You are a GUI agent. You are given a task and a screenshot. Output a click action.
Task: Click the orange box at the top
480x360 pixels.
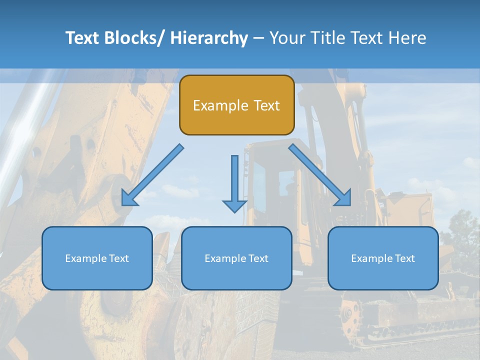[x=236, y=105]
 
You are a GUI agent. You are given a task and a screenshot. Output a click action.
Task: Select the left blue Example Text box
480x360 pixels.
[x=97, y=258]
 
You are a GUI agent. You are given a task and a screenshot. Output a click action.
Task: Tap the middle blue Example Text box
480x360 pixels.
[x=236, y=258]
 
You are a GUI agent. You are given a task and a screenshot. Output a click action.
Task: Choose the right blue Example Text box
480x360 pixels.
[x=383, y=258]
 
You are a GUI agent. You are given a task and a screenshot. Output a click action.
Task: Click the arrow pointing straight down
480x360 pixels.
[x=234, y=182]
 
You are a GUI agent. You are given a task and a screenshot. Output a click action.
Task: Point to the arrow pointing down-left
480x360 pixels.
[x=152, y=175]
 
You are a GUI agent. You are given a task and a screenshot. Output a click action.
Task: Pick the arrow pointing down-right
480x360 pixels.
[x=320, y=175]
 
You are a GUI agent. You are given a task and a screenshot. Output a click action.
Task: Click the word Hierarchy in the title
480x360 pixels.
[x=209, y=38]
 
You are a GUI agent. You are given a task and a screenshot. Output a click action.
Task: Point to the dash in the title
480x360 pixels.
[x=258, y=38]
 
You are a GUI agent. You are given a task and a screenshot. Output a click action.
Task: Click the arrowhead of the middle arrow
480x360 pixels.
[x=234, y=204]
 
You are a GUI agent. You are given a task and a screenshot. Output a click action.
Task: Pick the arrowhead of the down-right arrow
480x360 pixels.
[x=344, y=199]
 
